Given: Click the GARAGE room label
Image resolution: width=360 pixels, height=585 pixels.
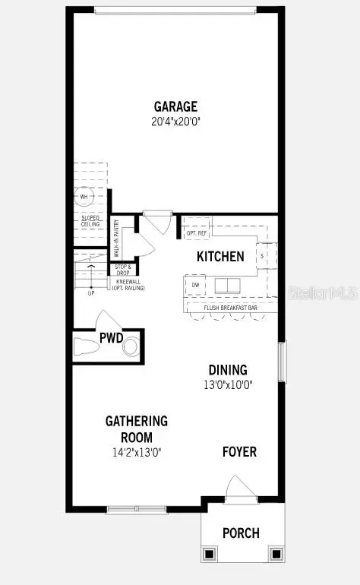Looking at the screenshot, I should click(x=176, y=107).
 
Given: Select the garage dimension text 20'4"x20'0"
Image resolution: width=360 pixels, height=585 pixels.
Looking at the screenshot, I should click(x=176, y=121).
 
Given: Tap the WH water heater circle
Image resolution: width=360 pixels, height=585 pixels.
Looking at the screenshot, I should click(x=84, y=196).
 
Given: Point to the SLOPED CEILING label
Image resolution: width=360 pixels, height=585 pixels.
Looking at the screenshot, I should click(x=91, y=220).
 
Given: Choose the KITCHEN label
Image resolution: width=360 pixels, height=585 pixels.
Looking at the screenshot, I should click(x=220, y=257).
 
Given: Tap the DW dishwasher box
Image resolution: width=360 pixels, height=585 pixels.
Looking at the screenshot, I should click(x=195, y=285).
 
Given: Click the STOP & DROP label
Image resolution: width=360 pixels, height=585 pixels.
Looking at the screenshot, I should click(x=123, y=270).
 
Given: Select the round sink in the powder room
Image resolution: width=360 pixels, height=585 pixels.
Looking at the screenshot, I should click(x=131, y=348).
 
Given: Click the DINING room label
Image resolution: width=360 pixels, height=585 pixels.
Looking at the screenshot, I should click(x=228, y=370).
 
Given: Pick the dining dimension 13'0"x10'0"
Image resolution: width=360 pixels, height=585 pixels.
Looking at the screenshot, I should click(x=229, y=384).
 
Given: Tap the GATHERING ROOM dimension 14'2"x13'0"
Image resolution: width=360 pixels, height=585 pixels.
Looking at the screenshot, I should click(x=137, y=452).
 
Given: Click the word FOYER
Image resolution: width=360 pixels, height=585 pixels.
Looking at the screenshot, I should click(x=239, y=452).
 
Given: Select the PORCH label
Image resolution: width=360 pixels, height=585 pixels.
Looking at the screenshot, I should click(x=241, y=533).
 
